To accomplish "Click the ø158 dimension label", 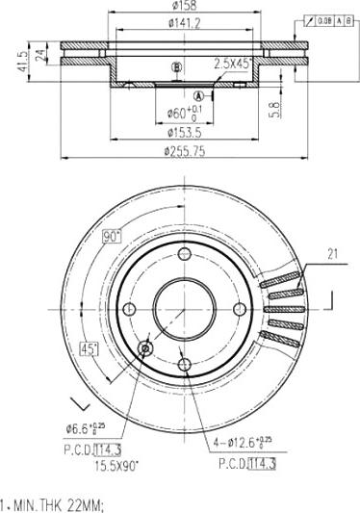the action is point(184,5).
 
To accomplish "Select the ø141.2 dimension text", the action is point(184,23).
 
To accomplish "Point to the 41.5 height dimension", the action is point(22,61).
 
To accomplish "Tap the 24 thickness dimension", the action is point(40,55).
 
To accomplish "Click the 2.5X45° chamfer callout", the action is point(233,64).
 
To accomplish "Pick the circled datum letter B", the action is point(176,67).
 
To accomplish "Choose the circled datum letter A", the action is point(198,96).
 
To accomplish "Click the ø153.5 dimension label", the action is point(185,133).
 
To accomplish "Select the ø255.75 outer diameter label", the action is point(185,151).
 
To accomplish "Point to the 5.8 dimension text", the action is point(275,110).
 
